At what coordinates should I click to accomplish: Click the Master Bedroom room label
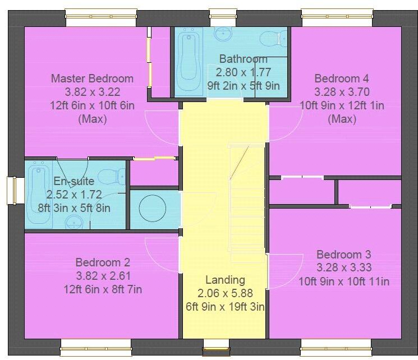(x=92, y=79)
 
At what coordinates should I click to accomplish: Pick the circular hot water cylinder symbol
(x=153, y=209)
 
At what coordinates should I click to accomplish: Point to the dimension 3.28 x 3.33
(x=343, y=268)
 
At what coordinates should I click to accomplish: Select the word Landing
(x=225, y=280)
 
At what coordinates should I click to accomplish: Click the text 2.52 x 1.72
(x=74, y=195)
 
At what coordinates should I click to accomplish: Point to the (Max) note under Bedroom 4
(x=342, y=119)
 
